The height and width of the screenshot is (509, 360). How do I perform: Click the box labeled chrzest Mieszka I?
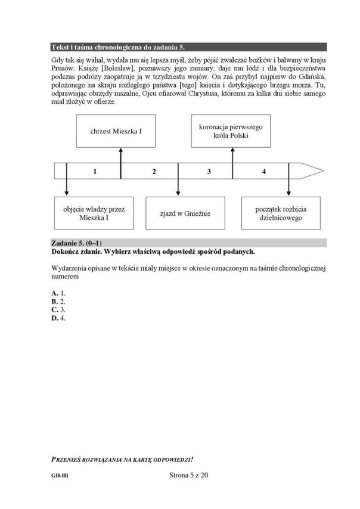click(116, 129)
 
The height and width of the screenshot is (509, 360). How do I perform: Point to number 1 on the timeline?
click(95, 172)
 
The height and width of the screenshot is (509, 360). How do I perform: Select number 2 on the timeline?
click(154, 172)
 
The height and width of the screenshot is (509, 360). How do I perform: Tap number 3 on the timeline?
click(209, 172)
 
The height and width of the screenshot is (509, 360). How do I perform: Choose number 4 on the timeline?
click(263, 172)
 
